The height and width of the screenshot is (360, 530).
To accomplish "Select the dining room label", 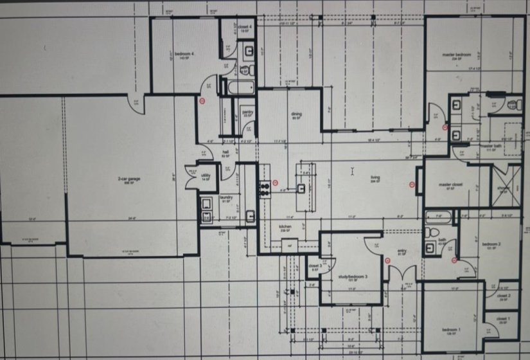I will [x=296, y=114].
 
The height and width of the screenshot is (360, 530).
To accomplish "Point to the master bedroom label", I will [x=457, y=55].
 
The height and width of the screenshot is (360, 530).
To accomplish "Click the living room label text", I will [x=375, y=178].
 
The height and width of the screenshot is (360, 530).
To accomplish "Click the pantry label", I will [x=248, y=112].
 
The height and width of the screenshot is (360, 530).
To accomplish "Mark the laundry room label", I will [x=226, y=197].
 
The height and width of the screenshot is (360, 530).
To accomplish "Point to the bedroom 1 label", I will [x=449, y=330].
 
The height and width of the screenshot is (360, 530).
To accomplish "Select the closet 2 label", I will [x=504, y=296].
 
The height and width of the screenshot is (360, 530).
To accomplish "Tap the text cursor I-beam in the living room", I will [x=353, y=171].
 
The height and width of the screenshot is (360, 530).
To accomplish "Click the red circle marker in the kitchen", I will [x=276, y=182].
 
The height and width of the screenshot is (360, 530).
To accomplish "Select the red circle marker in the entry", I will [x=389, y=260].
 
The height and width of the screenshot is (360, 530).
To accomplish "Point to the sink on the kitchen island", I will [x=301, y=188].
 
